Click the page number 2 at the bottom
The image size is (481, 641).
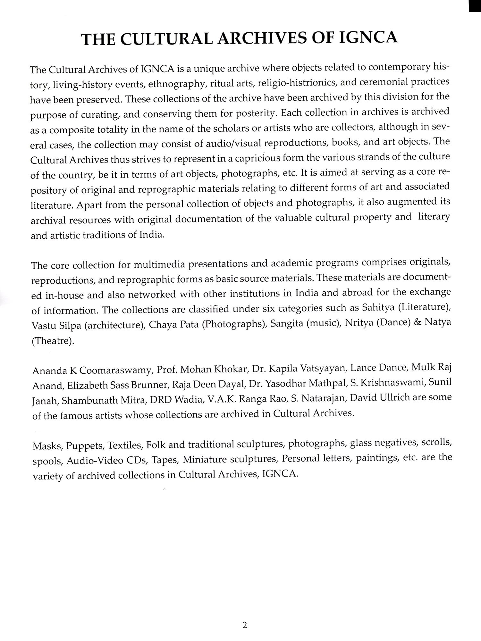(x=245, y=625)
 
